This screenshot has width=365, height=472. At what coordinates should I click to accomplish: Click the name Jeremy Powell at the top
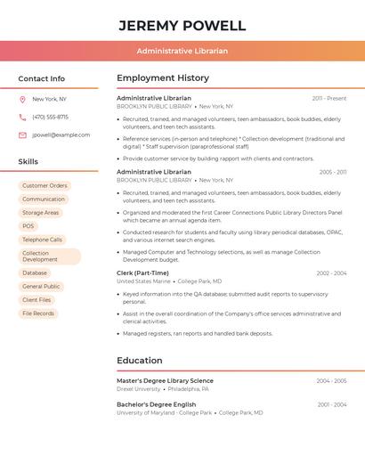(182, 25)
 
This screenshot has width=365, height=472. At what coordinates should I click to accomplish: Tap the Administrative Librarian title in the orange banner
(182, 51)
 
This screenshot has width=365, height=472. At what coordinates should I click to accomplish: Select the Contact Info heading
(42, 78)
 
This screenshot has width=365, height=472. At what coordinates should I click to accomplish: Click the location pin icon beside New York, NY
(22, 99)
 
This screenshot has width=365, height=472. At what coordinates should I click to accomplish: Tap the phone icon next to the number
(22, 117)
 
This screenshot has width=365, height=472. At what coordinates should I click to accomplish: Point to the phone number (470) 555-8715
(50, 117)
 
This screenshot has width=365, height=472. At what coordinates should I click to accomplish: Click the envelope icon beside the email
(22, 135)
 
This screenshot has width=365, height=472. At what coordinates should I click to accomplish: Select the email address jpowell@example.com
(61, 135)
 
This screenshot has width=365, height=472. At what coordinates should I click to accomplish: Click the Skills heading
(28, 161)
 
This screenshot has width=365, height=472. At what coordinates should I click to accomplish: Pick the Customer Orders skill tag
(45, 186)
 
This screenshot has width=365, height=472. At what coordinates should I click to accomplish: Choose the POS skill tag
(28, 226)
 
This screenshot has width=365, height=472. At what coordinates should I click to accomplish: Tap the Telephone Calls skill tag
(42, 240)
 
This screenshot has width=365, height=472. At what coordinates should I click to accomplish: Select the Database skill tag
(35, 273)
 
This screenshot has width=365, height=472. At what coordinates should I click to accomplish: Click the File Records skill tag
(38, 313)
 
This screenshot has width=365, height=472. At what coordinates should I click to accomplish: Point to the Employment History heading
(163, 78)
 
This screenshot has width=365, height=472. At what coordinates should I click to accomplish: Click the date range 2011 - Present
(328, 98)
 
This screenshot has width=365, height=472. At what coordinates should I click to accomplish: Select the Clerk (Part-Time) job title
(142, 273)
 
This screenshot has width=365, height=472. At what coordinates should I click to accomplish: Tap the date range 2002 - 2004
(331, 273)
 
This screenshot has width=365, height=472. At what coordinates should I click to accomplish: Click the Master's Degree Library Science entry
(165, 380)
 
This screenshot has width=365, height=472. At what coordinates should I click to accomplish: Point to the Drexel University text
(139, 389)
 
